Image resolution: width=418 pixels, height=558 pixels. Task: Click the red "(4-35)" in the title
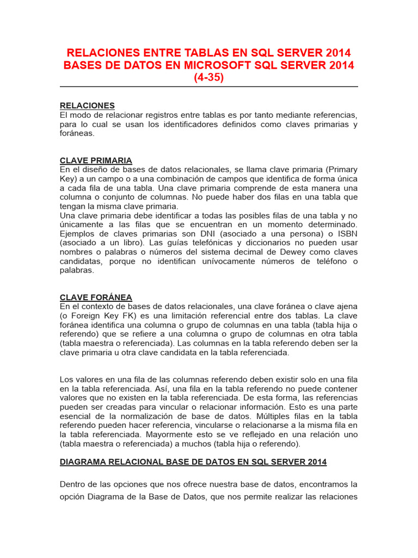[209, 77]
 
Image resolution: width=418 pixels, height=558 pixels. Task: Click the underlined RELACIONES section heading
[87, 105]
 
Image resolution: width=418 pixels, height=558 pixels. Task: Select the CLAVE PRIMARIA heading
[96, 160]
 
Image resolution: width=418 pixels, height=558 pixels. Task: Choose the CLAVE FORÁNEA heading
[96, 297]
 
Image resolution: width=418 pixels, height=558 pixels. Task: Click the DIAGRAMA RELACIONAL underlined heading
[193, 462]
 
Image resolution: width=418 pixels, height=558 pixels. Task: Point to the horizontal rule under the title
[209, 87]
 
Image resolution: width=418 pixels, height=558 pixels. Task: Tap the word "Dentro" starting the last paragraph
[73, 484]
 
